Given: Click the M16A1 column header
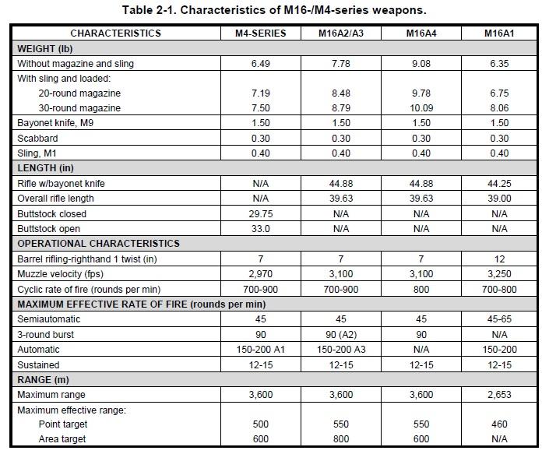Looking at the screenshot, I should tap(500, 33).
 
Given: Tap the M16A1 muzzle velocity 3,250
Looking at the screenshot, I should tap(500, 273).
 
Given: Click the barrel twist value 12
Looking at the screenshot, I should tap(500, 259).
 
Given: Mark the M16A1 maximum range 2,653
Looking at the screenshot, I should tap(500, 394).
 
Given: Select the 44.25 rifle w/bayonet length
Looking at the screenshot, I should tap(500, 184).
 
